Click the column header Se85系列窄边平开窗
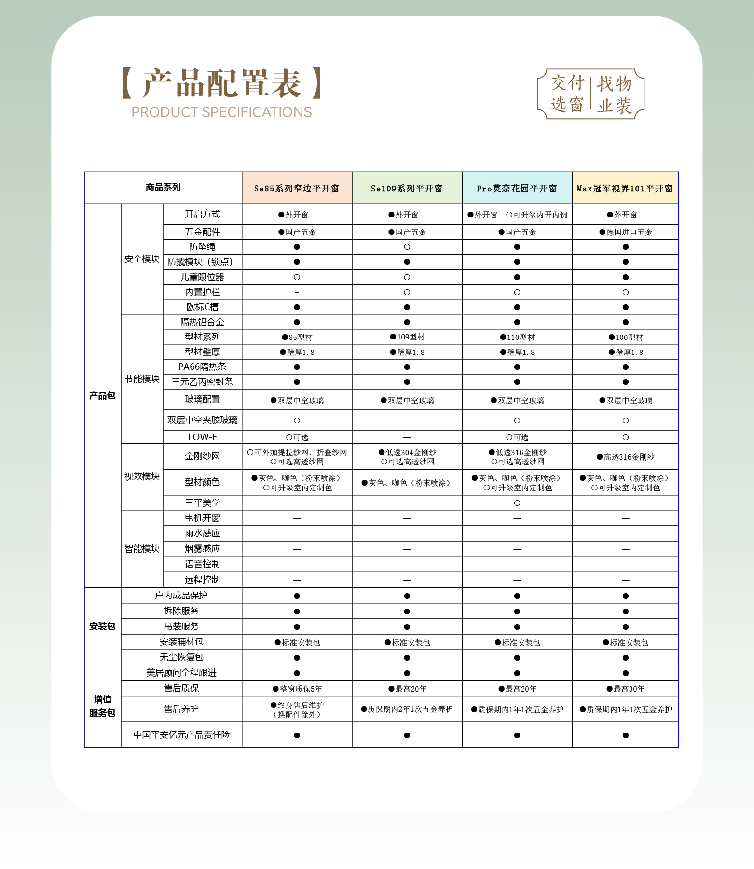[x=297, y=189]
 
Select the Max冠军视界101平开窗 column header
[x=625, y=189]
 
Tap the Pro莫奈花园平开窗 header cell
[x=517, y=189]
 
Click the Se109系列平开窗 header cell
[x=407, y=189]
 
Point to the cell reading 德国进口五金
[x=626, y=232]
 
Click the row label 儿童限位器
[x=202, y=277]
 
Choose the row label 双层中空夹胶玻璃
[x=202, y=420]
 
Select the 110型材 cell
[x=517, y=338]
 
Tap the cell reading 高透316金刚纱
[x=626, y=457]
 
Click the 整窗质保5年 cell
[x=297, y=689]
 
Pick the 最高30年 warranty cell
[x=626, y=689]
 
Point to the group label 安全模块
[x=142, y=259]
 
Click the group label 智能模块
[x=142, y=549]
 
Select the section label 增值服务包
[x=102, y=706]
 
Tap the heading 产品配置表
[x=222, y=83]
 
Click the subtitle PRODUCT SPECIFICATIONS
[x=221, y=112]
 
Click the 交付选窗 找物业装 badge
[x=591, y=94]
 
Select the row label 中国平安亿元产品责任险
[x=181, y=735]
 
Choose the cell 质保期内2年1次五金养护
[x=407, y=709]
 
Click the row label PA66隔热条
[x=202, y=367]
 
